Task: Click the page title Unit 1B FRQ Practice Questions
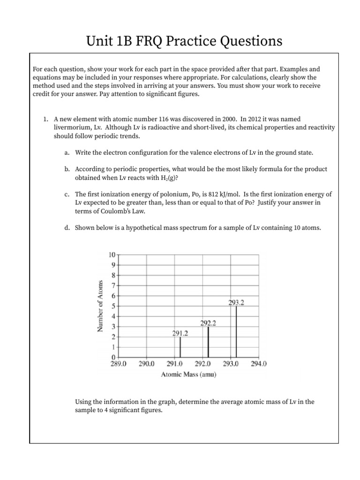point(184,42)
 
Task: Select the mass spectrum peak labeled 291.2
point(180,347)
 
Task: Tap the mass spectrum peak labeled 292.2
point(208,342)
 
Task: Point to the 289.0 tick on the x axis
point(118,364)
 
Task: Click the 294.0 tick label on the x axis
point(259,364)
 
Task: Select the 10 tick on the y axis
point(112,255)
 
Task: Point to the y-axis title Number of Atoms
point(100,306)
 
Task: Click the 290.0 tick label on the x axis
point(147,364)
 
